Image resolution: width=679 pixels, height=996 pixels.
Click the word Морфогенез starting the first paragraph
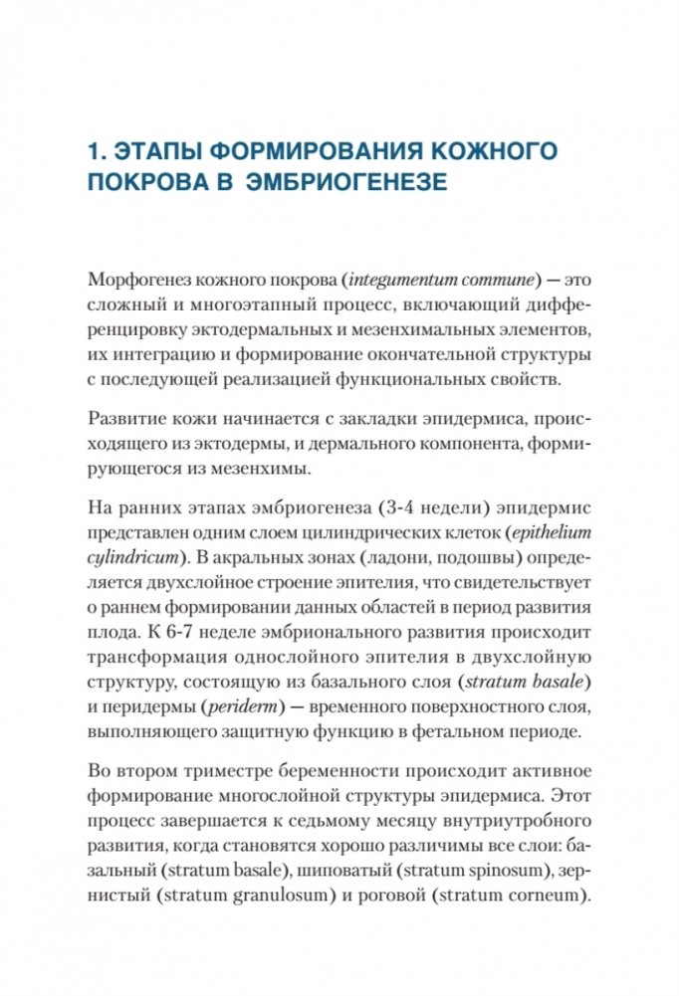[137, 274]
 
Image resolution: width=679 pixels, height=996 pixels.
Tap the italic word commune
[492, 274]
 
